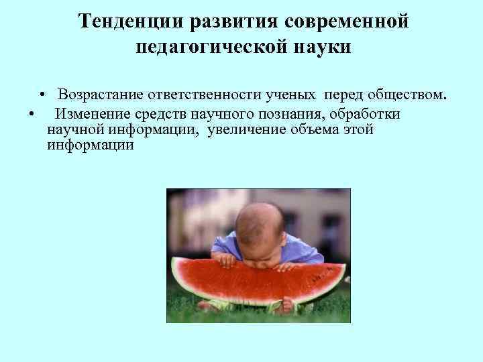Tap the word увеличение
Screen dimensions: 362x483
pyautogui.click(x=248, y=129)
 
